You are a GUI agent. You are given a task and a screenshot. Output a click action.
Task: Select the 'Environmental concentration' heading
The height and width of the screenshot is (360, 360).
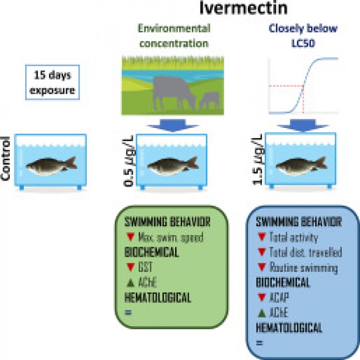pyautogui.click(x=174, y=36)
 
